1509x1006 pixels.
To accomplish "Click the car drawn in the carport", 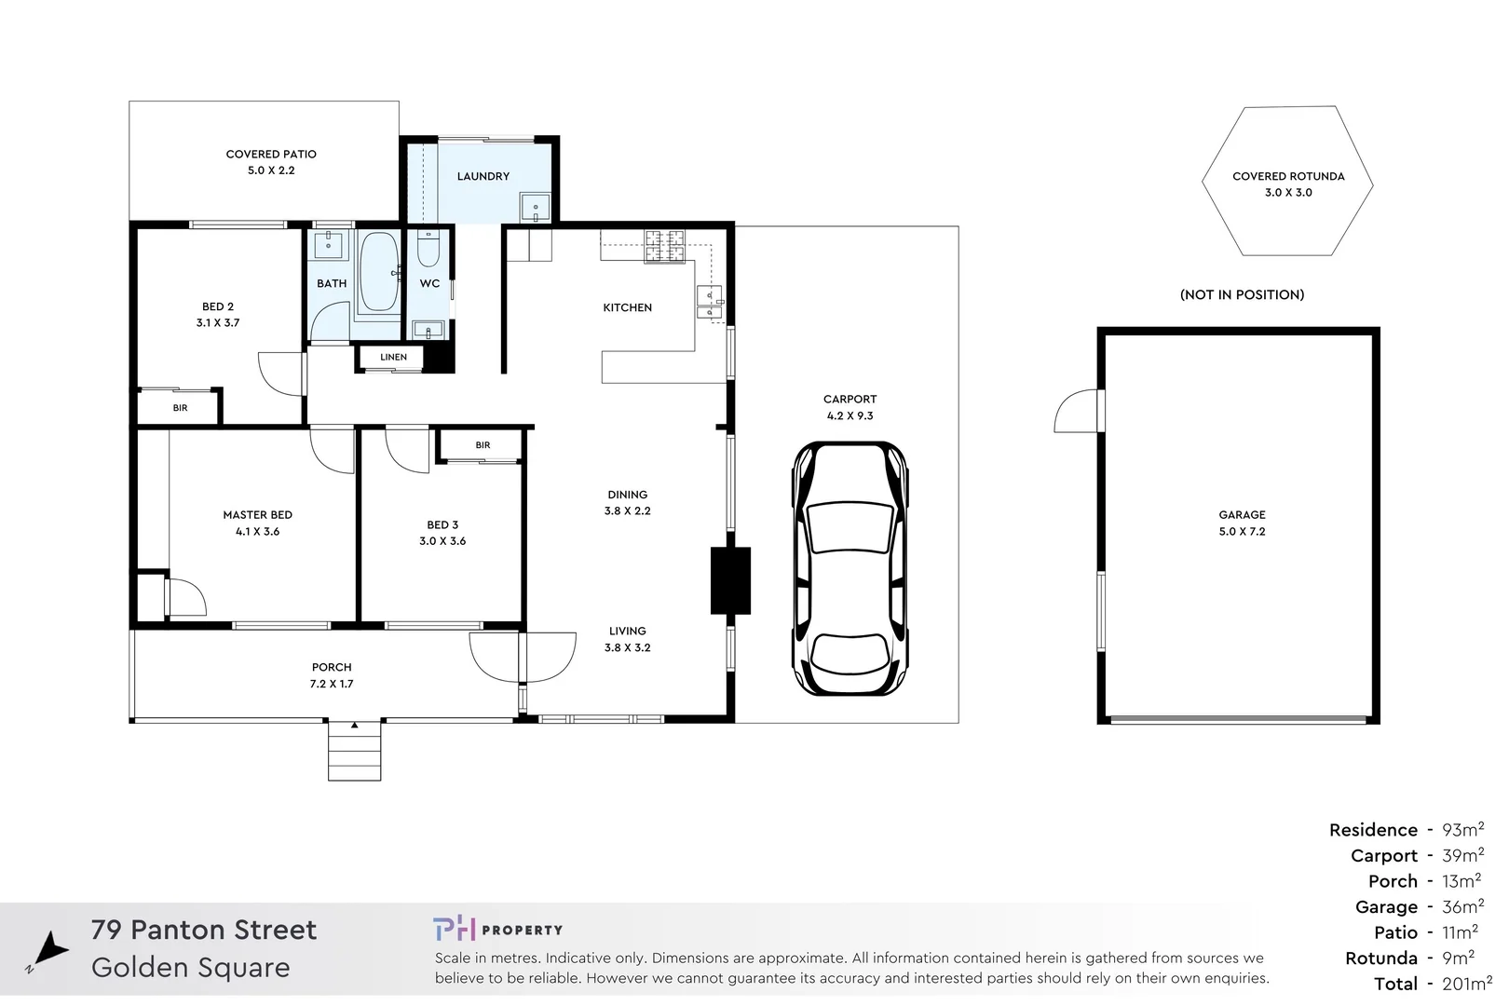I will [850, 568].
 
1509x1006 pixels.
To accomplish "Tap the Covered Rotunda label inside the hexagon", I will [1288, 176].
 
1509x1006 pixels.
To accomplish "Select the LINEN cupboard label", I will [393, 357].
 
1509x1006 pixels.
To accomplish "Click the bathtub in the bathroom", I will [378, 272].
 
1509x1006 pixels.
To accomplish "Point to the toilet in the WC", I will [428, 250].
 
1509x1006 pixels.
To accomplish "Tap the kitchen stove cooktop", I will [665, 246].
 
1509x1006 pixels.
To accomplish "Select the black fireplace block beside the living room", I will [730, 579].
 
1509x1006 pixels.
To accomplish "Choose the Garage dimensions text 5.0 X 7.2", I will [1242, 532].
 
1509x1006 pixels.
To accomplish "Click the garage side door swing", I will [1078, 413].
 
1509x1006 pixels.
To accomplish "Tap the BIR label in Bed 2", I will [180, 408].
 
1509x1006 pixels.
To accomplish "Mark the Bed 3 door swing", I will [406, 451].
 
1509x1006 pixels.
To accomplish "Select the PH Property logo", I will [497, 929].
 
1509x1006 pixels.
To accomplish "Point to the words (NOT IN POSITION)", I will [1242, 294].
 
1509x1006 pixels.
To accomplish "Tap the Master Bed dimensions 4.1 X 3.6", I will [257, 532].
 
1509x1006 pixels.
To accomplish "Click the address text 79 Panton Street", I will [204, 930].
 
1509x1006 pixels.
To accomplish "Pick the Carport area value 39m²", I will [1462, 855].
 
